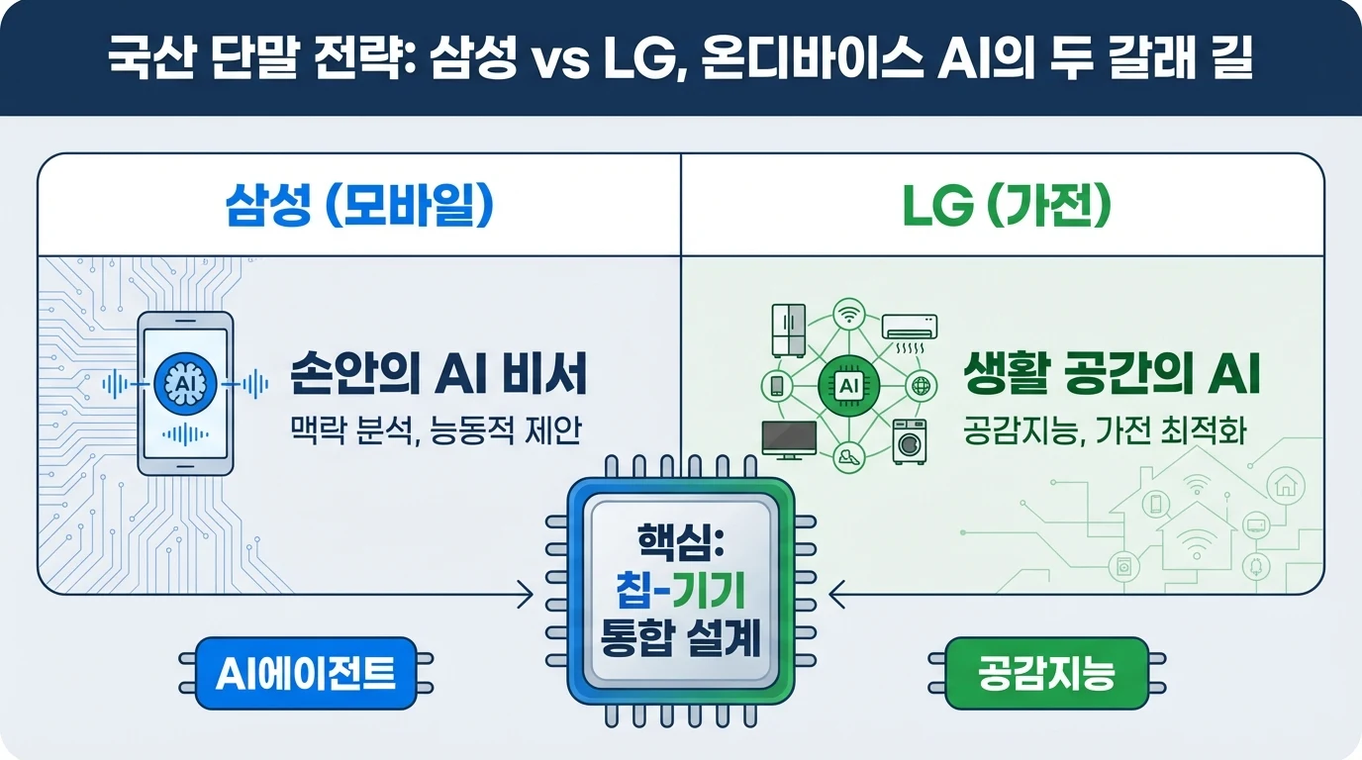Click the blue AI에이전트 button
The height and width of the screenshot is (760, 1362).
point(306,673)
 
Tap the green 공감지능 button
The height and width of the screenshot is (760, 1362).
point(1046,673)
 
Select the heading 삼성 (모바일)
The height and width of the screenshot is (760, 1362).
point(359,206)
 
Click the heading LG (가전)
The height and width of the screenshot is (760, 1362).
point(1007,206)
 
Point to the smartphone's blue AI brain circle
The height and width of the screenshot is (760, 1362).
point(185,384)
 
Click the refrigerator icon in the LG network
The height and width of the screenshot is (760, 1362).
point(789,331)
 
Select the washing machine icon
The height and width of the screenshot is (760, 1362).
point(910,441)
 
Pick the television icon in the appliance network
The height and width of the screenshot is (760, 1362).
point(789,440)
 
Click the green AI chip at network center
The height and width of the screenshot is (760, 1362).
point(849,386)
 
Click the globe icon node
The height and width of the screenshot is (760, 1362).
point(922,386)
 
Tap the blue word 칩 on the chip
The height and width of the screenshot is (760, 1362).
point(634,592)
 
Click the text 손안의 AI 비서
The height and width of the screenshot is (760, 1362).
point(438,374)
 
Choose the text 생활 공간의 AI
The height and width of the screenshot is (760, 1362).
point(1113,374)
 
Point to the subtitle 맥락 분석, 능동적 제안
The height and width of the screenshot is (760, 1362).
point(436,430)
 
